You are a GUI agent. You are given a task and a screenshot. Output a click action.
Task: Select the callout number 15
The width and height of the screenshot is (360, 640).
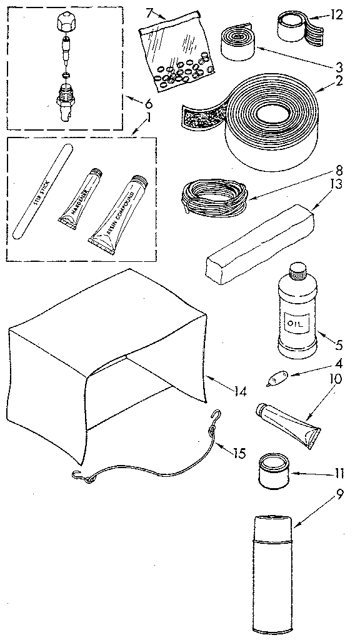(x=237, y=454)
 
